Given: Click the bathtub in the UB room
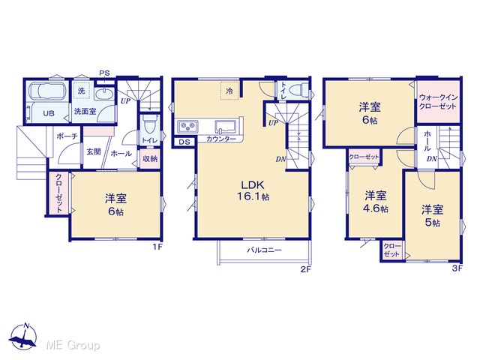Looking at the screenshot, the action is pyautogui.click(x=46, y=91).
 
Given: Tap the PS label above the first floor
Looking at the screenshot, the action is pyautogui.click(x=104, y=73).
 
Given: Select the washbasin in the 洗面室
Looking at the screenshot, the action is pyautogui.click(x=103, y=94).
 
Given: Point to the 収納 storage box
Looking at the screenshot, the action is pyautogui.click(x=150, y=159).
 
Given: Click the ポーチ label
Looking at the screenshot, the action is pyautogui.click(x=67, y=136).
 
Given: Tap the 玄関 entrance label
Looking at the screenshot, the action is pyautogui.click(x=93, y=151).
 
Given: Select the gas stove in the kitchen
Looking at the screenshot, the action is pyautogui.click(x=188, y=126).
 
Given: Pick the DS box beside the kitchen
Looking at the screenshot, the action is pyautogui.click(x=184, y=142).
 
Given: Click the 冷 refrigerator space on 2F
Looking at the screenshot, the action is pyautogui.click(x=229, y=91).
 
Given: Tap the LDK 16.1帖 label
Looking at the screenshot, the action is pyautogui.click(x=253, y=190).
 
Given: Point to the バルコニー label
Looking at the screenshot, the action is pyautogui.click(x=264, y=250).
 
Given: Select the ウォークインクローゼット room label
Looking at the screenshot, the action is pyautogui.click(x=438, y=102).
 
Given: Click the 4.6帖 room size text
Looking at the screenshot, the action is pyautogui.click(x=376, y=208).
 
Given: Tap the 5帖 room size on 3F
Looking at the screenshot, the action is pyautogui.click(x=432, y=223).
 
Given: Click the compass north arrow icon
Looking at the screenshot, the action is pyautogui.click(x=23, y=335).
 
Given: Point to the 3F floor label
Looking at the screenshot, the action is pyautogui.click(x=457, y=268).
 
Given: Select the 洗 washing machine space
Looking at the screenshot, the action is pyautogui.click(x=81, y=91).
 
